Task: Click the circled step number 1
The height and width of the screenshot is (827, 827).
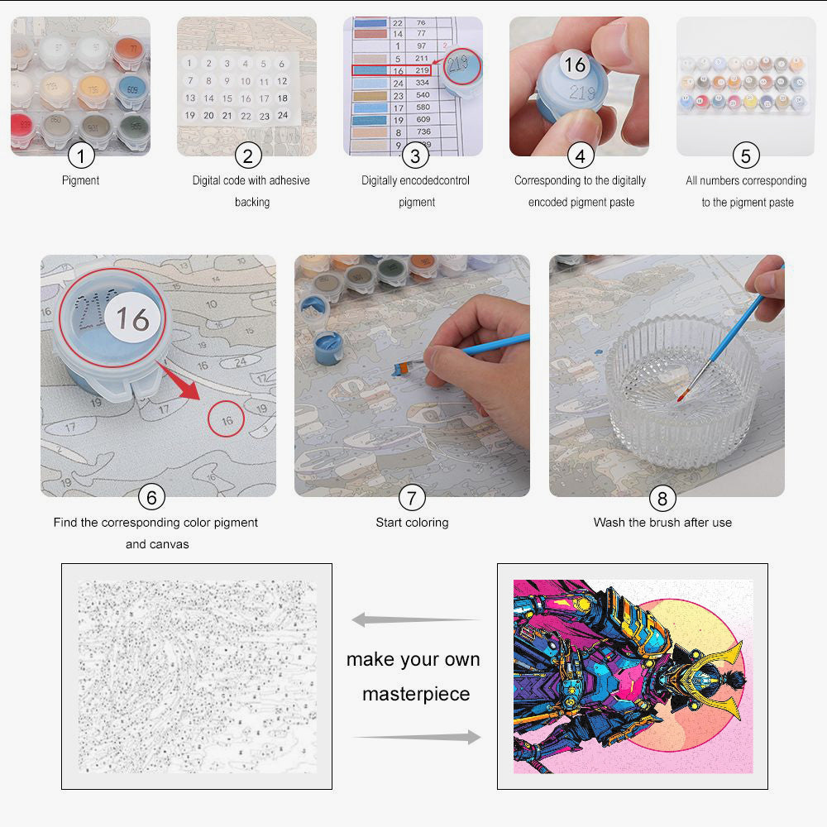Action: tap(81, 155)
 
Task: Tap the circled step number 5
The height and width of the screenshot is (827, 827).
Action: tap(746, 155)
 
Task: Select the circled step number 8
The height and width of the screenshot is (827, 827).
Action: tap(662, 498)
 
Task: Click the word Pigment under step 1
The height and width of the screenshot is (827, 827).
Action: tap(80, 180)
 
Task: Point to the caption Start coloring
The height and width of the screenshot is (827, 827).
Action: tap(412, 523)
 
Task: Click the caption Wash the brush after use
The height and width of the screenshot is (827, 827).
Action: tap(662, 523)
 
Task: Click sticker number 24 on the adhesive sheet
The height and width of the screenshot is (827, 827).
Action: tap(282, 116)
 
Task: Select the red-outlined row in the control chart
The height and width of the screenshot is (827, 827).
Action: tap(392, 71)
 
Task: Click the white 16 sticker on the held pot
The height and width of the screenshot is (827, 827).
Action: tap(574, 65)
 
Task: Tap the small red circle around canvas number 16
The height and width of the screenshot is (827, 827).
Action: tap(227, 420)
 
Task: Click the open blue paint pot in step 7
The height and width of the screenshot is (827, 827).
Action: tap(327, 348)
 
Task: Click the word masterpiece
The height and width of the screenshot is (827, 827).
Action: tap(415, 693)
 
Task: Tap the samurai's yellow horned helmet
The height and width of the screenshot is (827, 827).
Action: tap(718, 672)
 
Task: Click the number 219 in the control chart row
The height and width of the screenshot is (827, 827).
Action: tap(422, 71)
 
